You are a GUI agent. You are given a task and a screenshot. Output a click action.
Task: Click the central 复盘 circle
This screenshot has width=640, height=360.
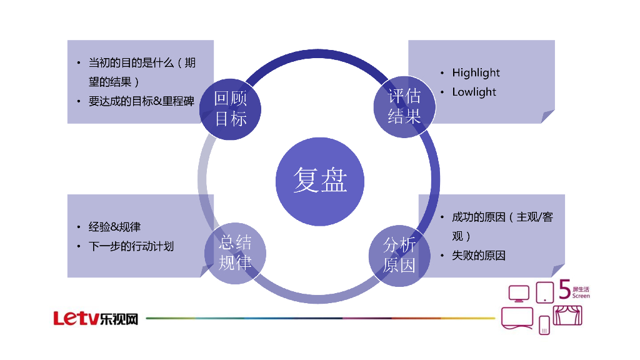point(320,180)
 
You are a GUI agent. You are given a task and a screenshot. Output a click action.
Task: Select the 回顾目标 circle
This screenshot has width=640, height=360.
point(230,107)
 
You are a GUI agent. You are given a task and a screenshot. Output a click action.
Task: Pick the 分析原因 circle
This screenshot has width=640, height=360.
point(399,255)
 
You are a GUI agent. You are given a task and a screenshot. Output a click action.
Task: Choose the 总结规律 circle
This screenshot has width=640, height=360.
point(235,254)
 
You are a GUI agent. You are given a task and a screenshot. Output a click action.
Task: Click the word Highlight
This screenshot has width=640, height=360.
point(476,72)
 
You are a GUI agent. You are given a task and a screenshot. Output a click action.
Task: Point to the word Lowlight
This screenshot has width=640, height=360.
point(474,92)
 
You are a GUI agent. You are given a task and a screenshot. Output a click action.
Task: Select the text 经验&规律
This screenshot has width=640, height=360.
point(114,227)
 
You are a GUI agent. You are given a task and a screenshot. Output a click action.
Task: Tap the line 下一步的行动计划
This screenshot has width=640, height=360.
point(131,246)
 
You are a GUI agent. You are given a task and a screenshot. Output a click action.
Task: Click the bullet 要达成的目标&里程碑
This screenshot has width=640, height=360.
point(141,101)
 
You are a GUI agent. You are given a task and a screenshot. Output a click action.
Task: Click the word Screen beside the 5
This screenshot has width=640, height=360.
point(581,296)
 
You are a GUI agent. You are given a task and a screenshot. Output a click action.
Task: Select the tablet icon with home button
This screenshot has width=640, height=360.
point(545,292)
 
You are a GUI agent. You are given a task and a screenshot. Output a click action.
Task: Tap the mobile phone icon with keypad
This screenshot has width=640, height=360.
point(544,325)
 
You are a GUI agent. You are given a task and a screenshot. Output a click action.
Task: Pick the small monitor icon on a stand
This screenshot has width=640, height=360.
point(519,293)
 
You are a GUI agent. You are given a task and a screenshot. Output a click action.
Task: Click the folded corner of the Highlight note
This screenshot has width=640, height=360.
point(547,116)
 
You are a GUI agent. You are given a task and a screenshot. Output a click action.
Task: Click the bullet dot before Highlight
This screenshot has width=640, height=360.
point(442,73)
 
